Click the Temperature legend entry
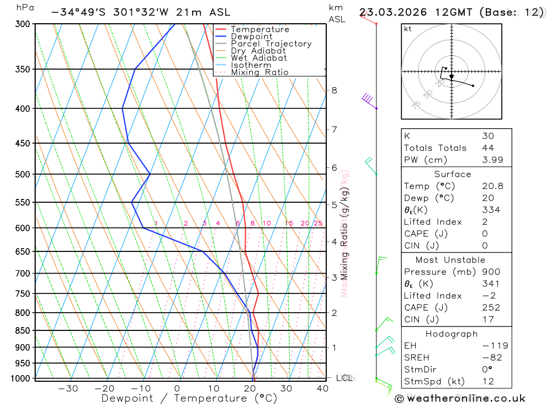(x=259, y=29)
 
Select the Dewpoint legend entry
(x=252, y=36)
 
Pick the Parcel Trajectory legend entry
(x=271, y=44)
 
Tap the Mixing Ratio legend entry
(x=259, y=72)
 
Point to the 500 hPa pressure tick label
(x=23, y=174)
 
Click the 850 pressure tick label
(x=23, y=330)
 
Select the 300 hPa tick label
(x=23, y=24)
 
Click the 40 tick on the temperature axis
(x=322, y=388)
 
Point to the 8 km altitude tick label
(x=334, y=90)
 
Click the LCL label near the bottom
(x=344, y=378)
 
